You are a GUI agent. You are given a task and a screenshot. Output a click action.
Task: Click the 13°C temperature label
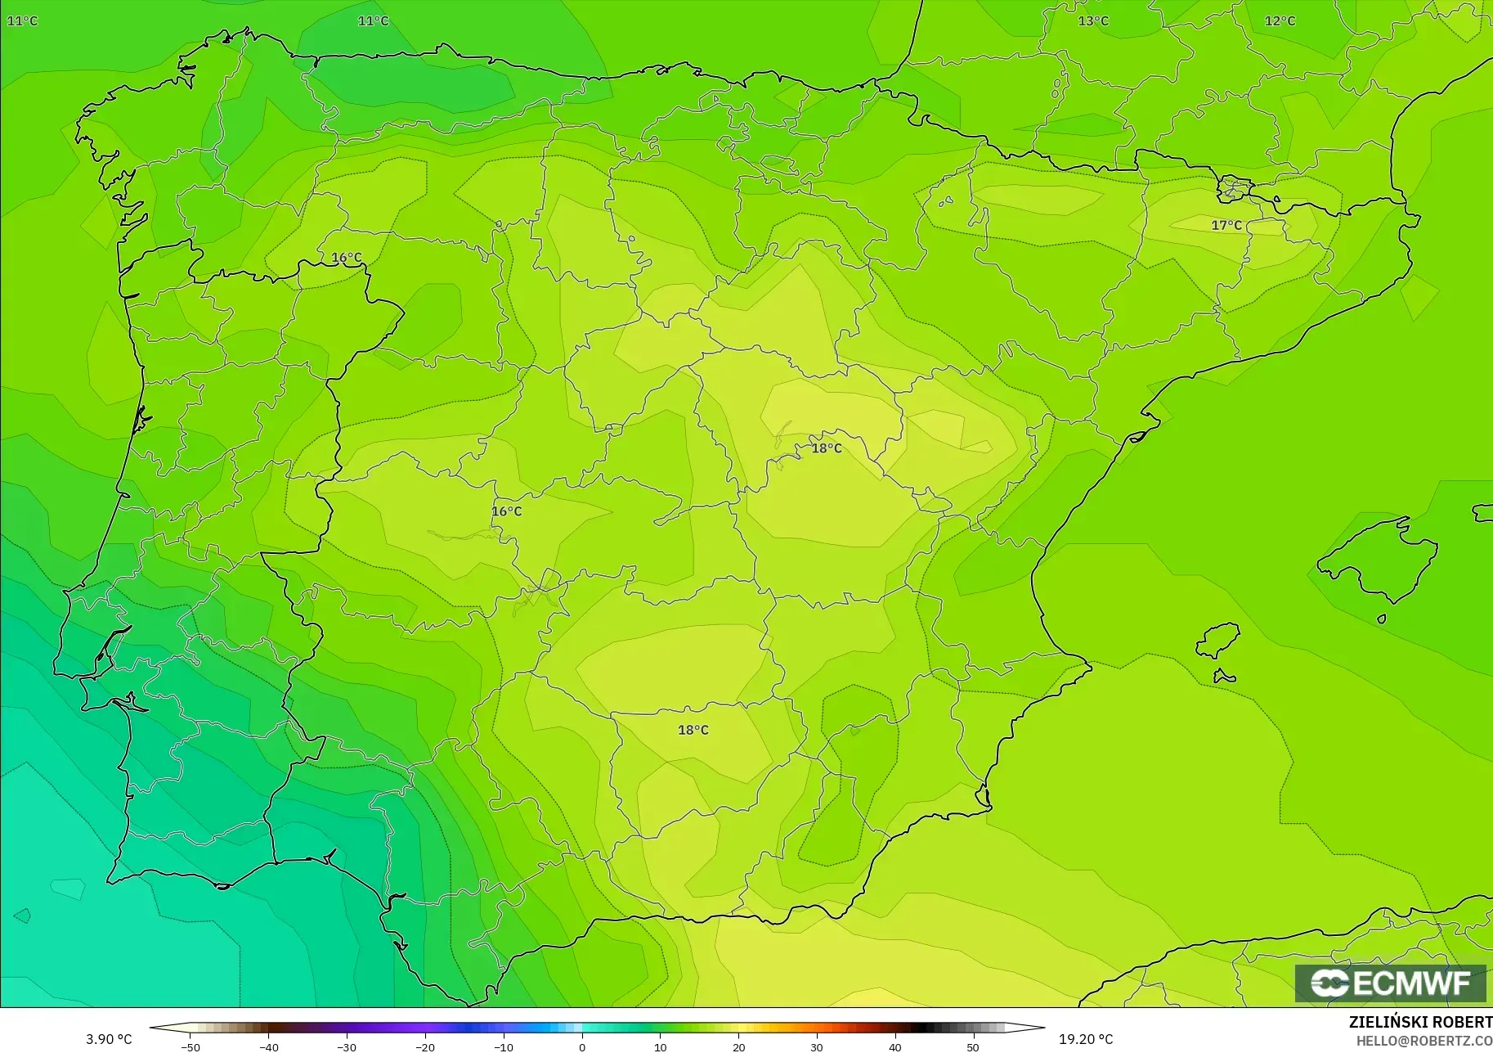(1092, 21)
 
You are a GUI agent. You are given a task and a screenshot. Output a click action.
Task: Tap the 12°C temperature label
(1280, 21)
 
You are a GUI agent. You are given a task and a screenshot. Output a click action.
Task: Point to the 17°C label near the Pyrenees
(1226, 225)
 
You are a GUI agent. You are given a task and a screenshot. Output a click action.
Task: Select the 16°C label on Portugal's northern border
(346, 258)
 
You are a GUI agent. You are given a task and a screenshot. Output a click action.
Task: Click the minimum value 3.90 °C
(109, 1039)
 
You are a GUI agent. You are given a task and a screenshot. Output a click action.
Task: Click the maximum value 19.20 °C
(1086, 1039)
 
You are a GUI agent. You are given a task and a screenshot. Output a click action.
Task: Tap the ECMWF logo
(1390, 983)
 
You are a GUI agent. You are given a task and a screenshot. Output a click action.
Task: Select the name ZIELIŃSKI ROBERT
(1420, 1023)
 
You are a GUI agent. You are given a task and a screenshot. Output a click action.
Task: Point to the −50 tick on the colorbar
(190, 1046)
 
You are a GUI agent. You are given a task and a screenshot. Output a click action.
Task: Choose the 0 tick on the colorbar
(581, 1046)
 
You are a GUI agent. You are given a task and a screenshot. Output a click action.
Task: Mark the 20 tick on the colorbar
(738, 1046)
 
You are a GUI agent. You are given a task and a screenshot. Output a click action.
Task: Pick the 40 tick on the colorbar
(894, 1046)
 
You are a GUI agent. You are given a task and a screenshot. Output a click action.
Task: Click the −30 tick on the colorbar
(347, 1046)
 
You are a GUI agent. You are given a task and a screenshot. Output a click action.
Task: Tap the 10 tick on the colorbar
(660, 1046)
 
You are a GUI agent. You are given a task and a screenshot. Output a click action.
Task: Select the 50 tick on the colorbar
(973, 1046)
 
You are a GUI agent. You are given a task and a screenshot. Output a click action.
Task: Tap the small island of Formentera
(1224, 676)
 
